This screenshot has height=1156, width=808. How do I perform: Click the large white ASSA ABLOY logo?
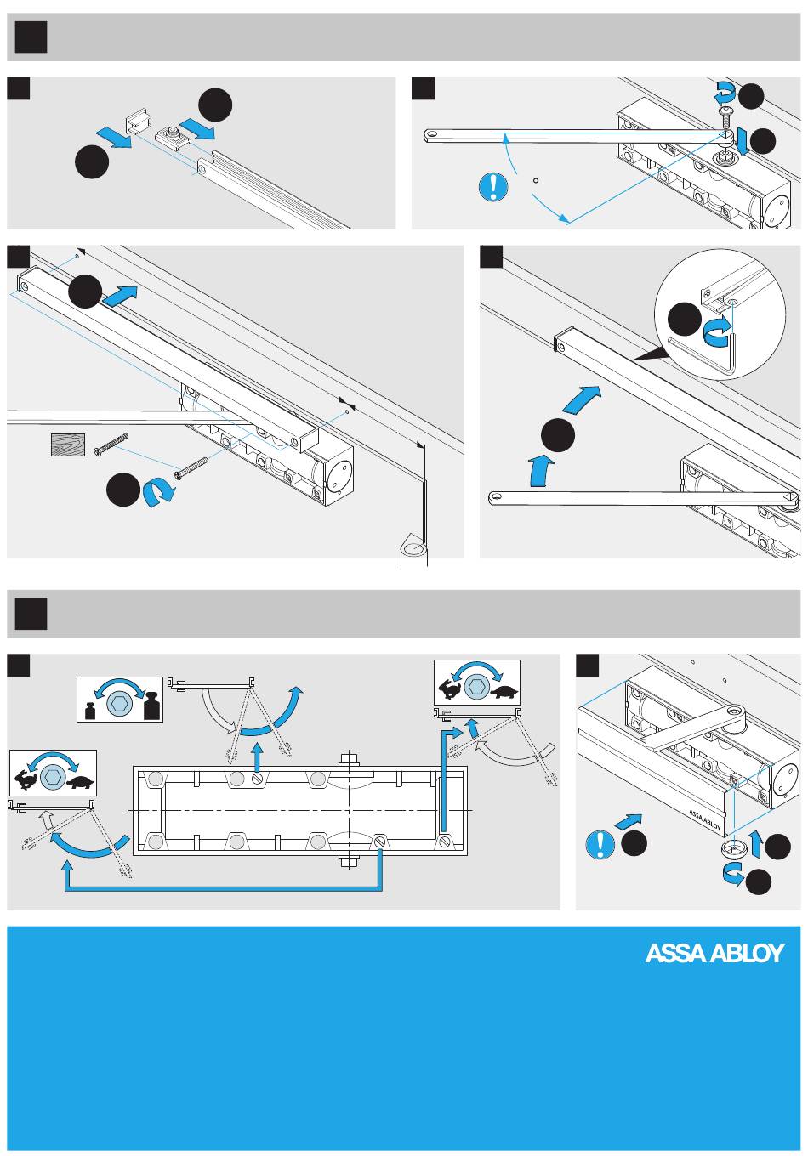pos(714,953)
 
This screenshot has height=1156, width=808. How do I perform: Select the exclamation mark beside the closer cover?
pos(600,844)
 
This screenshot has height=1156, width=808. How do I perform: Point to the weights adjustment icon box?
pos(119,699)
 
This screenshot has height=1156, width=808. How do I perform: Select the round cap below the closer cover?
pos(730,848)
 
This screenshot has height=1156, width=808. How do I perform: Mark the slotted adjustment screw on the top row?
pos(257,779)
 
